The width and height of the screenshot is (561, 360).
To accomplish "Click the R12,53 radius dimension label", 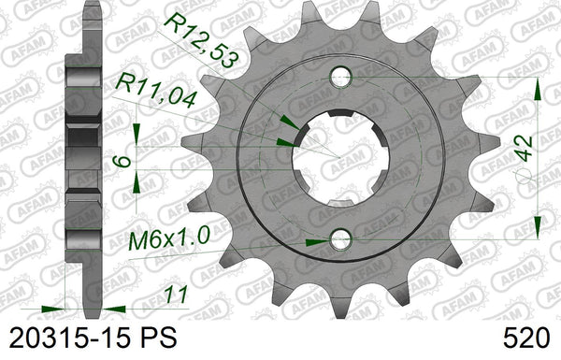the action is [200, 39].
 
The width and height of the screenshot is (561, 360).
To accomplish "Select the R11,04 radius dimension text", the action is [156, 90].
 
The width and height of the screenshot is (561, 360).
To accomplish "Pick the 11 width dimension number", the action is [176, 295].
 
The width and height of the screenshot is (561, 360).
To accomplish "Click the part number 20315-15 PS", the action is [93, 338].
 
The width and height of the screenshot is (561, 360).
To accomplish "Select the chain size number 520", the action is [525, 338].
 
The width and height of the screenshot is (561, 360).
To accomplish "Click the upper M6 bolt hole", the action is [340, 77].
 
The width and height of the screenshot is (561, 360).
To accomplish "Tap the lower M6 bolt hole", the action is [340, 239].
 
